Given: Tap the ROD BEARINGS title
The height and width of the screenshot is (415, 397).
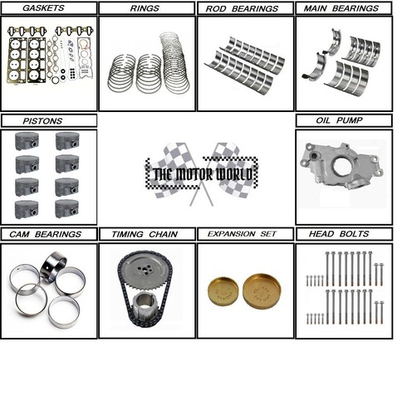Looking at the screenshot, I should click(x=245, y=8).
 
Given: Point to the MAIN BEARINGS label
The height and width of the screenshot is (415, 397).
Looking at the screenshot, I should click(x=344, y=8).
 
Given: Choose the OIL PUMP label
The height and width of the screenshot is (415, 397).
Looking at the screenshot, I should click(x=342, y=121).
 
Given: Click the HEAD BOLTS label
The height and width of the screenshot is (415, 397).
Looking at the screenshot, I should click(x=344, y=234).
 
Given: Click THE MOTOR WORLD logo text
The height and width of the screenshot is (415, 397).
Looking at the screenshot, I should click(x=203, y=174).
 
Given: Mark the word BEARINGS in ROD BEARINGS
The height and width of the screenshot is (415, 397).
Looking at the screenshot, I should click(x=259, y=8).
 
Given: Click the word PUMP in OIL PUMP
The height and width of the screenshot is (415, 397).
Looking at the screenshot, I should click(x=355, y=121).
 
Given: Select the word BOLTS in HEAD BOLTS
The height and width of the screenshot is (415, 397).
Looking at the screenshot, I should click(x=359, y=234).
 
